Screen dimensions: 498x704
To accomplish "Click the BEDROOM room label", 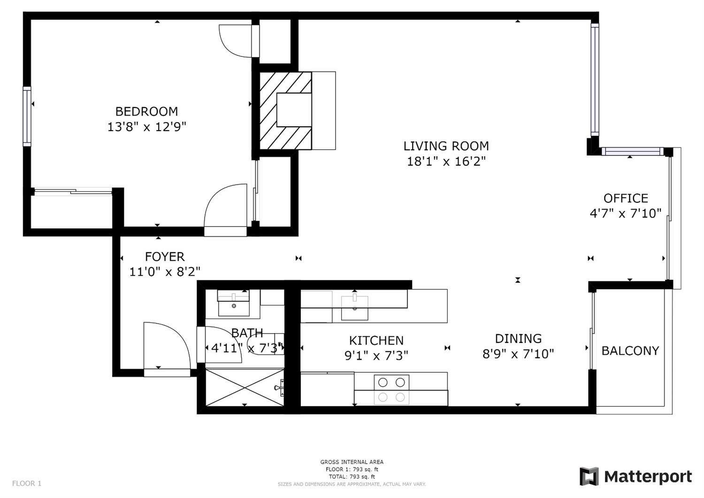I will pyautogui.click(x=146, y=111).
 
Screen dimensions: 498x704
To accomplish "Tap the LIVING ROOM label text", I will pyautogui.click(x=446, y=146).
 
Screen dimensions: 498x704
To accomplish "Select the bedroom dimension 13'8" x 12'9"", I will pyautogui.click(x=147, y=127).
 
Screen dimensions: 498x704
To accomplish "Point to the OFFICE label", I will pyautogui.click(x=626, y=198).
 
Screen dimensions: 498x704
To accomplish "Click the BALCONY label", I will pyautogui.click(x=630, y=350).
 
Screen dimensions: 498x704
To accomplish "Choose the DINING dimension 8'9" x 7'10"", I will pyautogui.click(x=518, y=354).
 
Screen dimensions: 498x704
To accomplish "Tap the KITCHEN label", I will pyautogui.click(x=376, y=340).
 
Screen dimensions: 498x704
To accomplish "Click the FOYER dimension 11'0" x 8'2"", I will pyautogui.click(x=165, y=272).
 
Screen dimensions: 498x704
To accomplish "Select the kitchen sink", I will pyautogui.click(x=354, y=307).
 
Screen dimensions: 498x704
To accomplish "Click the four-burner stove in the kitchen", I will pyautogui.click(x=391, y=389).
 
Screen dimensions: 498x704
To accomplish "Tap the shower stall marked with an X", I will pyautogui.click(x=244, y=388).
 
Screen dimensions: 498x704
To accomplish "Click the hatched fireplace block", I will pyautogui.click(x=285, y=111).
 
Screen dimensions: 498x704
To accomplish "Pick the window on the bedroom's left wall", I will pyautogui.click(x=27, y=116).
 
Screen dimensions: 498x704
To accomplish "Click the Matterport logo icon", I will pyautogui.click(x=589, y=476).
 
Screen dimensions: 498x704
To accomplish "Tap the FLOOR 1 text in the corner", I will pyautogui.click(x=27, y=483).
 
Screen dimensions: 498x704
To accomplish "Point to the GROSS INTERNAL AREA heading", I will pyautogui.click(x=352, y=462).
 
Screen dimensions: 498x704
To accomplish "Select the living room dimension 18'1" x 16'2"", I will pyautogui.click(x=446, y=162).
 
